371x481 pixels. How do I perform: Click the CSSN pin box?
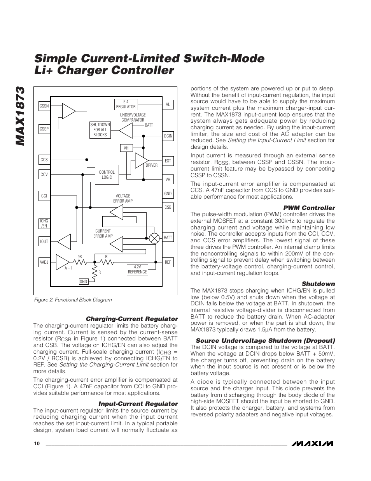[44, 106]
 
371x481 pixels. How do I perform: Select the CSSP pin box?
[44, 129]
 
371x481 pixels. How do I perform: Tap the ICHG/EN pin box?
[44, 224]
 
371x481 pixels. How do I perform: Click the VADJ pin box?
[44, 262]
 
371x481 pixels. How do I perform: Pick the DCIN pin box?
[168, 136]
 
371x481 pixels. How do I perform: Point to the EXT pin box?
[168, 161]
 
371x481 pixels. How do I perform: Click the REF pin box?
[168, 262]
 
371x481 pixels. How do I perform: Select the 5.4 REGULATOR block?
[126, 104]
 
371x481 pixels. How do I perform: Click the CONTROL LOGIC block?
[107, 174]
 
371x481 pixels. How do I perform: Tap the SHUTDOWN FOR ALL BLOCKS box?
[100, 130]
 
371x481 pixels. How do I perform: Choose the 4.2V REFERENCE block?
[137, 270]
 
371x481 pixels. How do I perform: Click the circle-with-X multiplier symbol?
[155, 238]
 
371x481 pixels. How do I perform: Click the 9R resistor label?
[79, 257]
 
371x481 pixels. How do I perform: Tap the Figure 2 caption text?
[73, 300]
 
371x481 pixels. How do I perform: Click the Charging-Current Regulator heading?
[131, 319]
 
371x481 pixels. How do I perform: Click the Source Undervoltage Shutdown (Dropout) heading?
[265, 341]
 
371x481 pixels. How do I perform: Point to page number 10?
[37, 444]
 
